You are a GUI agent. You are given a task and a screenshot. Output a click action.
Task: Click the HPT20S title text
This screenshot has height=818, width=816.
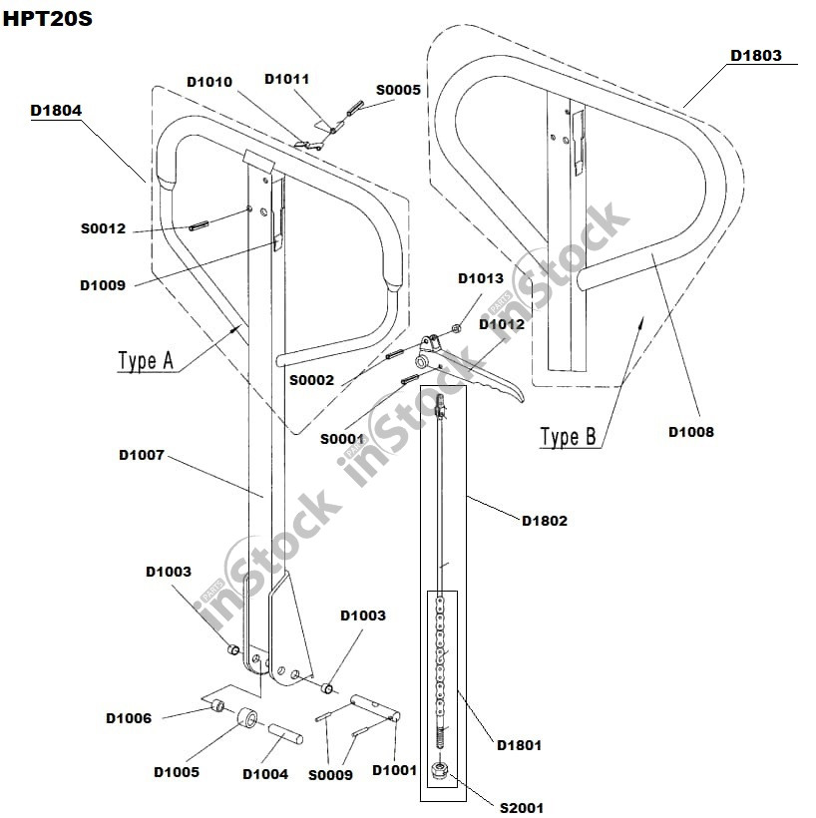pos(47,19)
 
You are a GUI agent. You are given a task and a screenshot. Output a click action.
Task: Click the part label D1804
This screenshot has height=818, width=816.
pos(56,110)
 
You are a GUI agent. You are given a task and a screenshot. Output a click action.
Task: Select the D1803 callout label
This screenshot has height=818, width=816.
pos(756,56)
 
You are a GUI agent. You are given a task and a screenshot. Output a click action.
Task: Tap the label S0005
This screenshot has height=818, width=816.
pos(398,90)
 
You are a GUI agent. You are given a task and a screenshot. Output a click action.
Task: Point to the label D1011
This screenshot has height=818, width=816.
pos(287,79)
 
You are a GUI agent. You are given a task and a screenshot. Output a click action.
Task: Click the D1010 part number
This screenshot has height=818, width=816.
pos(209,81)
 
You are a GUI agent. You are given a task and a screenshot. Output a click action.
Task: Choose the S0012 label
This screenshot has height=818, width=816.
pos(104,228)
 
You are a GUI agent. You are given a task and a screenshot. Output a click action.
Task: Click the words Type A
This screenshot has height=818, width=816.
pos(146,361)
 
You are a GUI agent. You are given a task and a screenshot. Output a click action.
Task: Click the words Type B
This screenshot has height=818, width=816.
pos(568,437)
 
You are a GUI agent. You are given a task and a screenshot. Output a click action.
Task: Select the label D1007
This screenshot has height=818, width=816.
pos(142,455)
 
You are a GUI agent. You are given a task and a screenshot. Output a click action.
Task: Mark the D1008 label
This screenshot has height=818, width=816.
pos(691,432)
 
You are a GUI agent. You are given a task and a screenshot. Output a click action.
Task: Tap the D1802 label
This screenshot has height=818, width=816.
pos(545,521)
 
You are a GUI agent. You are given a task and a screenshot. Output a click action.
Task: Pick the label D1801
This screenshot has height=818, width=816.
pos(520,744)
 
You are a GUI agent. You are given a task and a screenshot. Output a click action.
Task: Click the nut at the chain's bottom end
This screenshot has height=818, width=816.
pos(439,771)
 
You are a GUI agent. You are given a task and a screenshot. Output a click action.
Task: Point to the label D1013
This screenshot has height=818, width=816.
pos(481,278)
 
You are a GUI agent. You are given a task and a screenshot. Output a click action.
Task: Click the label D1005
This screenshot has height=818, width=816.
pos(177,772)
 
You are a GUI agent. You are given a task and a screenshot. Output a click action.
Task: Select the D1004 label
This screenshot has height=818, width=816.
pos(265,774)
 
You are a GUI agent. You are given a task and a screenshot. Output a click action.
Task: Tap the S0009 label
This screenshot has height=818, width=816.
pos(330,774)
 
